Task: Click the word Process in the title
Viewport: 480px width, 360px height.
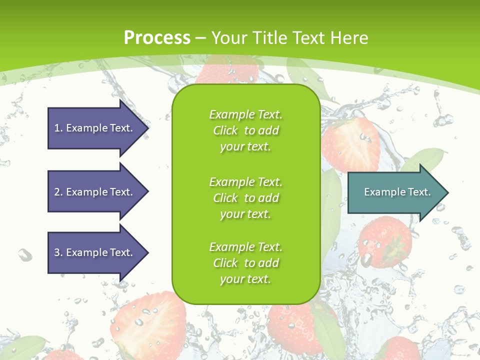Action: (x=157, y=37)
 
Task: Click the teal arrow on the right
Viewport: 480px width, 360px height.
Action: (x=395, y=192)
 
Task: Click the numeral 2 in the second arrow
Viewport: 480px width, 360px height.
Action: (x=57, y=192)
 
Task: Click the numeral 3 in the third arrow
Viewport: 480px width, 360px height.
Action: (x=57, y=252)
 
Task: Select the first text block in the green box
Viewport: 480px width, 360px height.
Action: (x=245, y=130)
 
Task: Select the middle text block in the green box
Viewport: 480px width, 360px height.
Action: (x=245, y=198)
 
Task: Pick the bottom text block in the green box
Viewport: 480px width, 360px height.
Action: (x=245, y=263)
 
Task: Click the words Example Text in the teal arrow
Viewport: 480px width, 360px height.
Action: (x=397, y=192)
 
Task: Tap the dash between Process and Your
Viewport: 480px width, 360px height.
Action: (x=201, y=38)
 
